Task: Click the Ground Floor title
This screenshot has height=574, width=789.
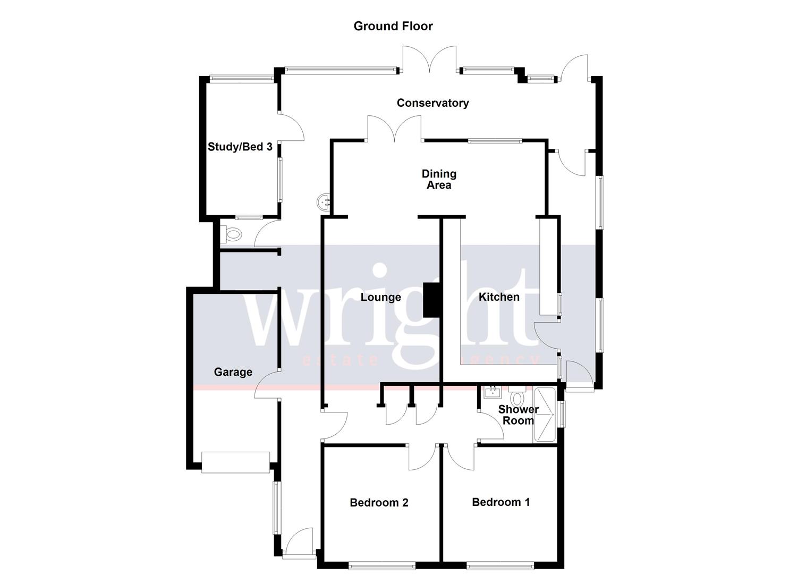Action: (393, 26)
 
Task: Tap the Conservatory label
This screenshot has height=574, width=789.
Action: (432, 103)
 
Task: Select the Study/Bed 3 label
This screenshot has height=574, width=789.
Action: (240, 147)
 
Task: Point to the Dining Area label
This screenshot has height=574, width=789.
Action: (439, 180)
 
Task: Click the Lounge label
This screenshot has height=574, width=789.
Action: (380, 297)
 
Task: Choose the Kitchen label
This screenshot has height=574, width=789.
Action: (499, 297)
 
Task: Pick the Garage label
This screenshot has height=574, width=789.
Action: (233, 372)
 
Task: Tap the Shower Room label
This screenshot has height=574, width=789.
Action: (518, 415)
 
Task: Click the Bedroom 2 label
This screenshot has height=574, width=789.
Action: (379, 503)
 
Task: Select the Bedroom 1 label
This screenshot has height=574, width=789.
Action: (500, 502)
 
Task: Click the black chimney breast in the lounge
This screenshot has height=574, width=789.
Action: (431, 300)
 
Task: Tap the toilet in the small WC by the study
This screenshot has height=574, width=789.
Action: (232, 233)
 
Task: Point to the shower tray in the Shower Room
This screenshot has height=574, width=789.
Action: (545, 415)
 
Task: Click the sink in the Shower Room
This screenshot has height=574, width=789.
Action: (493, 393)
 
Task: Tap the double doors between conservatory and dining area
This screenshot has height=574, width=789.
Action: (394, 130)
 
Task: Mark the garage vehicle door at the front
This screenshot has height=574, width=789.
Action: (235, 462)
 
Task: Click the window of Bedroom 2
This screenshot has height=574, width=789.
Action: (382, 566)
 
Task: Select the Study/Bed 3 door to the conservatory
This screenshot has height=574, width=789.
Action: (291, 128)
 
